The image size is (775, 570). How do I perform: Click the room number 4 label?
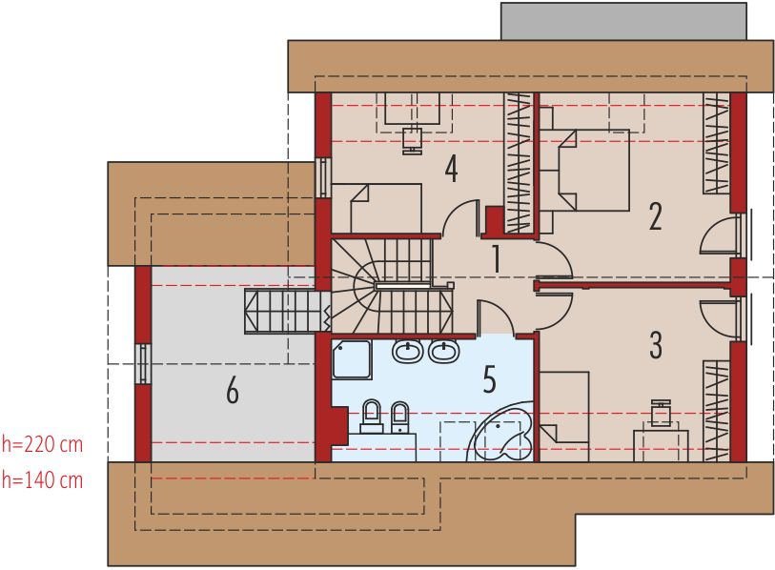(x=451, y=169)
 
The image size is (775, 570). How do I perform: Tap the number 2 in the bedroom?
(x=656, y=216)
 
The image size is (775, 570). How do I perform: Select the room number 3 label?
(x=656, y=344)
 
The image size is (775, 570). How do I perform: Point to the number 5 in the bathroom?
(x=489, y=379)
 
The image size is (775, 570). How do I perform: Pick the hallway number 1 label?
(x=497, y=258)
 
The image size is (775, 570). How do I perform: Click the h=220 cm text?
(x=43, y=444)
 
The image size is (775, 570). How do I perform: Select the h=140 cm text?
(x=43, y=480)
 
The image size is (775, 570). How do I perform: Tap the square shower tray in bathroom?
(x=352, y=359)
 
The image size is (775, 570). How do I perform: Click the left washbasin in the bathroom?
(x=408, y=351)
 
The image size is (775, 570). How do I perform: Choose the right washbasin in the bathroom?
(x=444, y=351)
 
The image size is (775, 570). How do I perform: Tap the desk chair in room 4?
(x=412, y=141)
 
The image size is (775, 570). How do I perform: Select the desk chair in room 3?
(x=660, y=413)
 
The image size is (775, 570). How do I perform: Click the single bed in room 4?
(x=377, y=208)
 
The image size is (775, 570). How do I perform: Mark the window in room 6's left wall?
(x=143, y=363)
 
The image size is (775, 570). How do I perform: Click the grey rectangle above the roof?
(x=623, y=21)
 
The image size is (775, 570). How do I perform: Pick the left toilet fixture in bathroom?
(x=372, y=417)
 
